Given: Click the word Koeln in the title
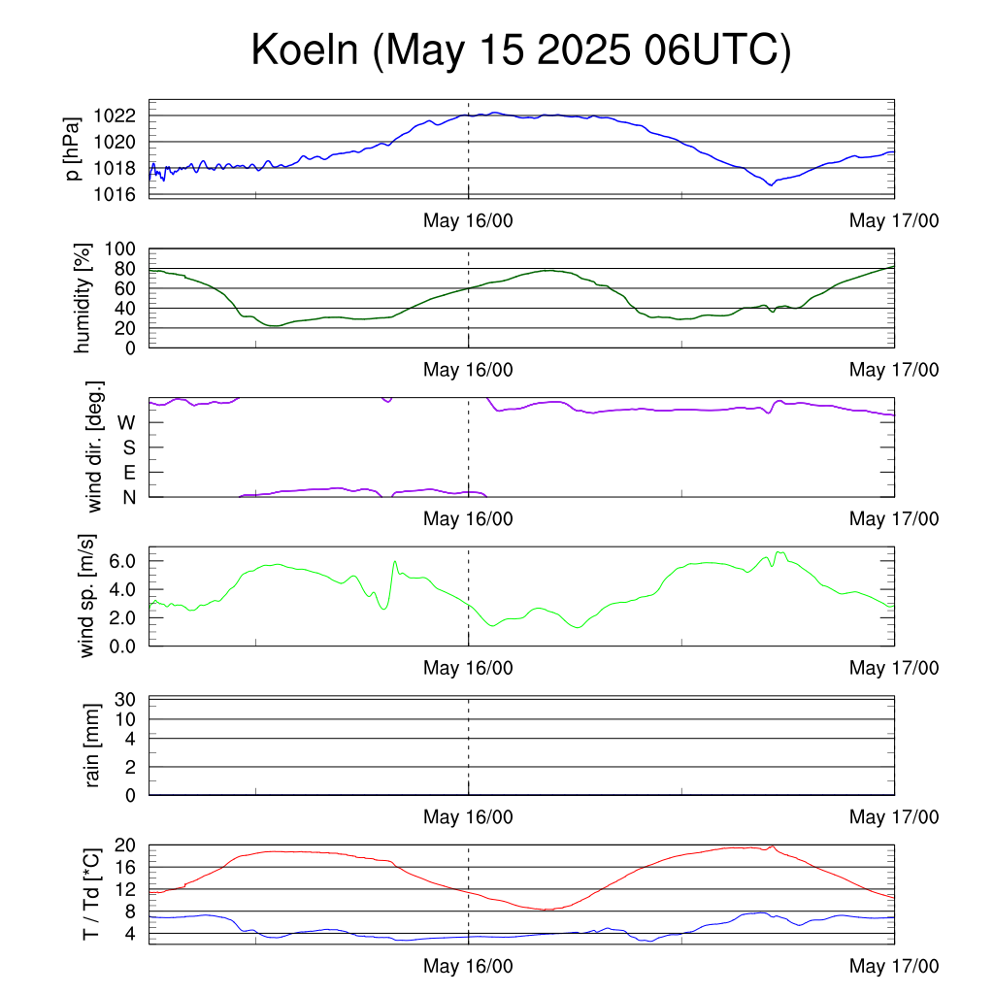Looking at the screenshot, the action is (x=305, y=50).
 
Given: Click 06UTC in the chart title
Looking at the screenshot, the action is (x=711, y=50).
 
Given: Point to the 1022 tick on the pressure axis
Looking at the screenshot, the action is (x=115, y=116).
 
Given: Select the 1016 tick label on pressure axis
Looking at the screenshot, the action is (x=115, y=194).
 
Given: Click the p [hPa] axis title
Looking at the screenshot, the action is (x=73, y=149).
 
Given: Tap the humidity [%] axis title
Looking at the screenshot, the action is (x=83, y=298).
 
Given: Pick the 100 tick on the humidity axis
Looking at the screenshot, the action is (x=119, y=248).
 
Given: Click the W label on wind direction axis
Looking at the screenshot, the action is (x=127, y=422).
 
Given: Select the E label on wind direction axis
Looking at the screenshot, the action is (x=129, y=473).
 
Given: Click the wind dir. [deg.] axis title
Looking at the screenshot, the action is (x=94, y=447).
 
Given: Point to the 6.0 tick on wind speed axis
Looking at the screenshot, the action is (x=122, y=560).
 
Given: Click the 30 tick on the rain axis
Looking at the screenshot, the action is (x=125, y=699).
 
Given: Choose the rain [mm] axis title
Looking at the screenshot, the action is (x=92, y=745).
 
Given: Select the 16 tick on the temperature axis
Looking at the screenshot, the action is (x=125, y=867).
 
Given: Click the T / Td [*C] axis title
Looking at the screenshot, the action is (x=91, y=894).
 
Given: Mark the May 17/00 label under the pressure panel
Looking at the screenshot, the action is (x=894, y=220).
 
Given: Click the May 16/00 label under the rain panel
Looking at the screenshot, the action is (x=468, y=816).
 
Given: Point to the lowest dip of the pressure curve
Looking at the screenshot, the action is (x=772, y=185).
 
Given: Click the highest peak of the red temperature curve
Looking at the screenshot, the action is (x=772, y=846).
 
